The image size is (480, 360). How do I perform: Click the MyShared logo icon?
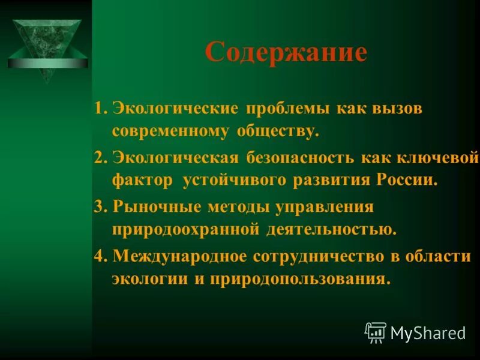(376, 332)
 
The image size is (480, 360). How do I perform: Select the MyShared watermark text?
(428, 333)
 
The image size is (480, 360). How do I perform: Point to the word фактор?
(142, 180)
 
